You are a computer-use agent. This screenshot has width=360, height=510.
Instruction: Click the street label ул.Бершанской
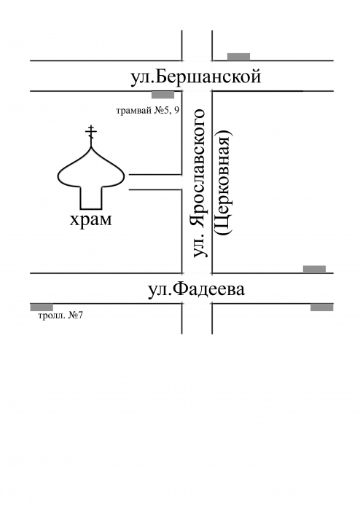[x=196, y=77]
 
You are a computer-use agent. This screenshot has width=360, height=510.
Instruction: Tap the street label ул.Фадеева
[x=196, y=289]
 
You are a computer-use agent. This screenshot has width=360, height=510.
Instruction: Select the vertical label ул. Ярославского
[x=200, y=183]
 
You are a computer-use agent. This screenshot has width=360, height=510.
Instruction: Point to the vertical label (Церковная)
[x=224, y=182]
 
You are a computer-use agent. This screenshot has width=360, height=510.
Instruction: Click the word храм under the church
[x=90, y=221]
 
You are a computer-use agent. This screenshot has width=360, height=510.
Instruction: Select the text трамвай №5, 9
[x=148, y=111]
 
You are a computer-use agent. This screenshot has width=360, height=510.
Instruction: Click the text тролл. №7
[x=60, y=315]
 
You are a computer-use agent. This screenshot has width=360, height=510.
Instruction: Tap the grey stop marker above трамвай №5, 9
[x=163, y=95]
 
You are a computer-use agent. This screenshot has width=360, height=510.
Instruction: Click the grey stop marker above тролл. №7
[x=42, y=307]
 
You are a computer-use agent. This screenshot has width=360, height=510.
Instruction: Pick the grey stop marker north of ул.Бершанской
[x=239, y=57]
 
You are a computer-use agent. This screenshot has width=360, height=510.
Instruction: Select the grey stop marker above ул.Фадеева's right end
[x=315, y=270]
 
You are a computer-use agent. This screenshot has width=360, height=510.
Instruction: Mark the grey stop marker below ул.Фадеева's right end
[x=322, y=307]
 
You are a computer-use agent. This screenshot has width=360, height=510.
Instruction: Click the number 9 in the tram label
[x=176, y=111]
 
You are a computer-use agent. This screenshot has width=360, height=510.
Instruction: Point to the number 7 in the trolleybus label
[x=80, y=315]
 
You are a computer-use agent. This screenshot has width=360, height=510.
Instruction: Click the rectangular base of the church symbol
[x=91, y=197]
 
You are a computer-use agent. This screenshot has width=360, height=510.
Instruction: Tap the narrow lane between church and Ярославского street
[x=155, y=182]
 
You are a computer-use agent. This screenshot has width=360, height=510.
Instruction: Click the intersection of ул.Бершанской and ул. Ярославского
[x=197, y=76]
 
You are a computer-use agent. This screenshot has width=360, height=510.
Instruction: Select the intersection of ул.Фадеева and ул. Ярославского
[x=197, y=289]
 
